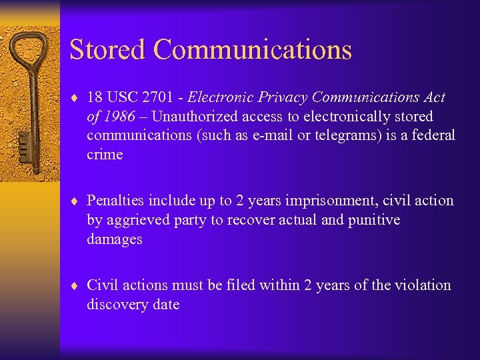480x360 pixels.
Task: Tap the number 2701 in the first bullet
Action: click(x=159, y=97)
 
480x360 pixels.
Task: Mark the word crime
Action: click(x=105, y=155)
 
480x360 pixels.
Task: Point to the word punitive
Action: click(x=374, y=220)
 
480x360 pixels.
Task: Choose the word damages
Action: click(x=114, y=239)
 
